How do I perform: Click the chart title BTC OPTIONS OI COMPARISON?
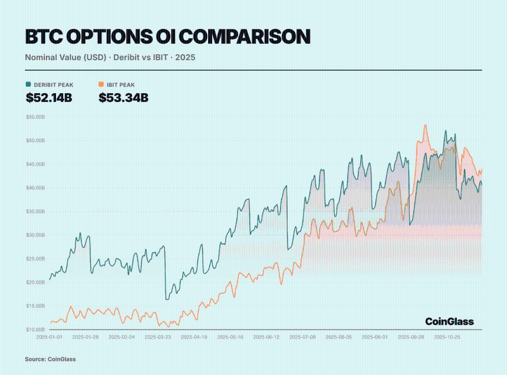167,37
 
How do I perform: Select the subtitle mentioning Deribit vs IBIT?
110,58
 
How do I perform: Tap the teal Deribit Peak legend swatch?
28,85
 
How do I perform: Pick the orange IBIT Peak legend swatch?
101,85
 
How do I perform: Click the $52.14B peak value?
49,98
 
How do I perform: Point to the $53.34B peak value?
123,98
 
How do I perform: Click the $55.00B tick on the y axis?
35,117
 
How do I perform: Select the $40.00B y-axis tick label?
35,188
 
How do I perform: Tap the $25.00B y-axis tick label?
35,259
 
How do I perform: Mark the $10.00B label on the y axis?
35,329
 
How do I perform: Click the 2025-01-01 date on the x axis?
50,338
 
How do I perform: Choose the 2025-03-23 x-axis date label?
158,338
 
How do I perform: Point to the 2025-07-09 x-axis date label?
303,338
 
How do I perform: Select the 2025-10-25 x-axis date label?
447,338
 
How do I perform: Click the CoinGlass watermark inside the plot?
449,321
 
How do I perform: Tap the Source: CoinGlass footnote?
50,359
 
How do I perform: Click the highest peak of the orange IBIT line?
425,125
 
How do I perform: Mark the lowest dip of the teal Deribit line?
166,300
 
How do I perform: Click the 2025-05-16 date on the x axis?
231,338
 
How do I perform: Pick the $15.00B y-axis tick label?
35,306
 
